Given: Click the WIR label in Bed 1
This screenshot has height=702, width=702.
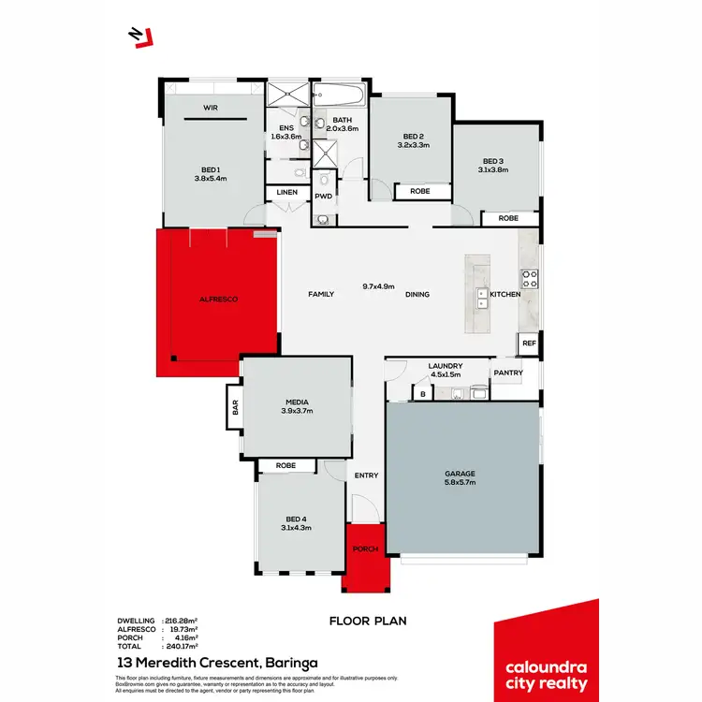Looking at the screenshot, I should click(211, 108).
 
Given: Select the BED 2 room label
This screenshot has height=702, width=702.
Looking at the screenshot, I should click(412, 136).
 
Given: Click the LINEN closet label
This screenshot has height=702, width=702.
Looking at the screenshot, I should click(286, 192).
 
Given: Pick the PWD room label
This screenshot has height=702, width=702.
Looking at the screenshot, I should click(324, 197).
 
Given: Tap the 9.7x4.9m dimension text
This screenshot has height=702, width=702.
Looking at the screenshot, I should click(378, 286).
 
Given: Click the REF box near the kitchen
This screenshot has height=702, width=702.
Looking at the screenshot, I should click(529, 344).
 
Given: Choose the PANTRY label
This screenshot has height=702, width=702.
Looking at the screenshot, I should click(508, 373).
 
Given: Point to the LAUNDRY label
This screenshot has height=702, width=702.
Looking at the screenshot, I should click(445, 367).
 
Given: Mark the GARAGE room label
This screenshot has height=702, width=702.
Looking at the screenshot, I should click(460, 474).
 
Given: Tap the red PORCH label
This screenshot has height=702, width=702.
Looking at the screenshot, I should click(365, 548).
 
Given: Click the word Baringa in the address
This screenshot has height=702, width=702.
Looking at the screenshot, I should click(289, 663).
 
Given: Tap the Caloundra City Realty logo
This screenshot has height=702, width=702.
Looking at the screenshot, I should click(546, 651).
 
